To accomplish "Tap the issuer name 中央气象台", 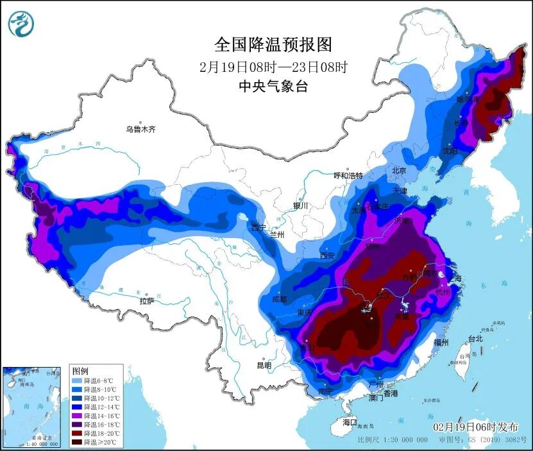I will [x=273, y=86].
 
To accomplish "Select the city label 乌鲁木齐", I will [x=140, y=129].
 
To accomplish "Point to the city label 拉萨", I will [x=147, y=300].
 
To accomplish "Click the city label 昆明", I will [x=264, y=365].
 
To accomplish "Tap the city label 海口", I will [x=349, y=423].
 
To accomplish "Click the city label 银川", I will [x=301, y=206].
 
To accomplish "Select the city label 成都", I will [x=279, y=298].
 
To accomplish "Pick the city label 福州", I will [x=441, y=343].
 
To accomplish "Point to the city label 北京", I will [x=400, y=171].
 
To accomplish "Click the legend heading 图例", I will [x=80, y=371].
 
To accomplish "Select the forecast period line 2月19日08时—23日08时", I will [x=273, y=66].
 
